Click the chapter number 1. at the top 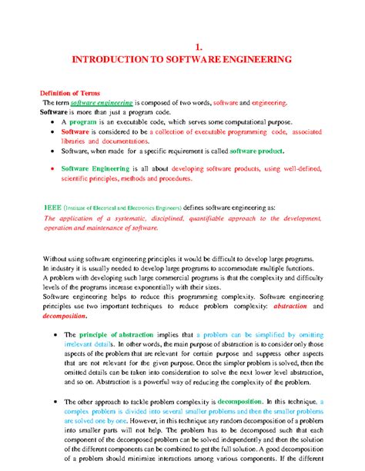[183, 45]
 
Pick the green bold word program [82, 121]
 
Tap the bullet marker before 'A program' [52, 122]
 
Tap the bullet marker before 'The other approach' [52, 401]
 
